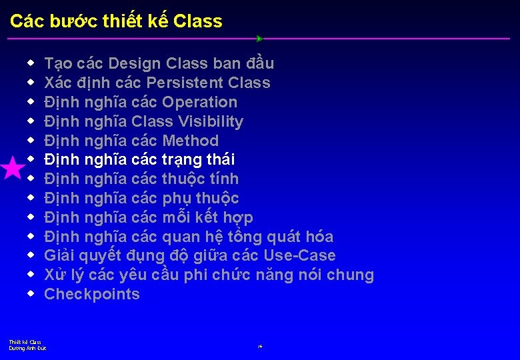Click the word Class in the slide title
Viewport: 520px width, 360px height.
pos(197,21)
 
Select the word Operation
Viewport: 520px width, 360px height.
pos(199,103)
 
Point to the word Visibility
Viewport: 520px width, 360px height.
pos(208,122)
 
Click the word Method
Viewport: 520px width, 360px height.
pos(190,141)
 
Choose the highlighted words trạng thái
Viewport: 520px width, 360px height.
pos(198,160)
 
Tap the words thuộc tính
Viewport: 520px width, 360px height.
pos(200,179)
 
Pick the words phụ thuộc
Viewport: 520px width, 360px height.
pos(200,199)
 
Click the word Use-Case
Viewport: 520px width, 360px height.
pos(299,256)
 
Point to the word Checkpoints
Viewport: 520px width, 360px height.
pos(92,295)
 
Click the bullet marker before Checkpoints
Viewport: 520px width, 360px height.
pos(31,294)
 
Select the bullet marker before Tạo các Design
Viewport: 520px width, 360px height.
pos(31,63)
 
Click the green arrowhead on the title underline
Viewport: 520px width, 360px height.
pos(260,39)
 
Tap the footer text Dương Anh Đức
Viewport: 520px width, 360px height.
pos(27,348)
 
